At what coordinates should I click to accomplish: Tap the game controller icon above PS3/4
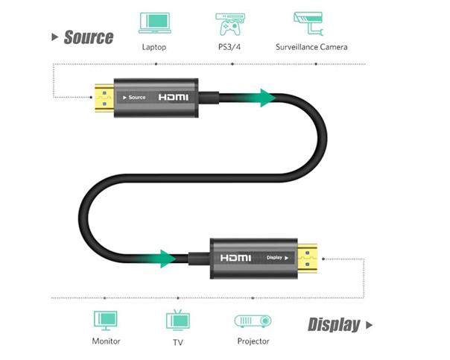[230, 23]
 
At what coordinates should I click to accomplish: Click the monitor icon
[105, 320]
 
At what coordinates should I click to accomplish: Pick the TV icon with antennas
[177, 320]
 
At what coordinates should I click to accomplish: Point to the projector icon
[253, 320]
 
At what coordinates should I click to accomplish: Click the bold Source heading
[88, 37]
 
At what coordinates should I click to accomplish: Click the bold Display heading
[334, 324]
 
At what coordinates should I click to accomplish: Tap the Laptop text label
[153, 47]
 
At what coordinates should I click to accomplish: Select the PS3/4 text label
[230, 47]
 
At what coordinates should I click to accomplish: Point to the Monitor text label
[106, 342]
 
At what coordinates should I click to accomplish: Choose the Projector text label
[253, 342]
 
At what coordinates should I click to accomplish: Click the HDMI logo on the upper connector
[174, 98]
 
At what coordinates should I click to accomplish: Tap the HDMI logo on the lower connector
[235, 258]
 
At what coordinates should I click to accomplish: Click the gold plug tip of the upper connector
[101, 98]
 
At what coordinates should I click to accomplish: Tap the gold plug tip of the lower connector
[308, 259]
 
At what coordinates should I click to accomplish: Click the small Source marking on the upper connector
[134, 98]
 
